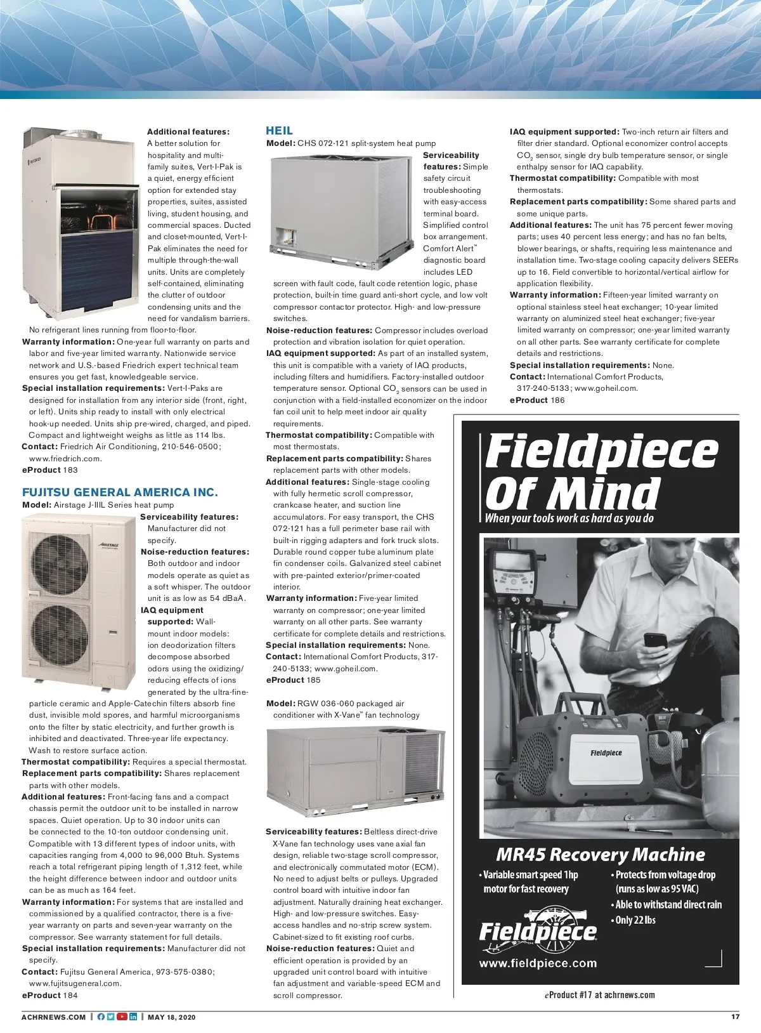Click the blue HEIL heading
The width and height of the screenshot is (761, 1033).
[x=279, y=131]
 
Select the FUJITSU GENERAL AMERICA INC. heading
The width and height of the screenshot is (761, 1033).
[x=120, y=492]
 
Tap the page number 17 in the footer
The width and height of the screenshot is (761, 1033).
[x=735, y=1017]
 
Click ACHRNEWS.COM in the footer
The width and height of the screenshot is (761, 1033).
[x=53, y=1017]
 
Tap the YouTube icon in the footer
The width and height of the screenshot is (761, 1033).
[x=122, y=1017]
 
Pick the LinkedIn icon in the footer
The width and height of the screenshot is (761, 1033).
[x=133, y=1017]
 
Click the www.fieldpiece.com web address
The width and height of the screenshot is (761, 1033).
[x=538, y=963]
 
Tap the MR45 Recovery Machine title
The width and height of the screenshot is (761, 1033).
[x=600, y=855]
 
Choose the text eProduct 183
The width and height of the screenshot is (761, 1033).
[x=50, y=470]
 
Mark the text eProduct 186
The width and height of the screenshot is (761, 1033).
[x=537, y=400]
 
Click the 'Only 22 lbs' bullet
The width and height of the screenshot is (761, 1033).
[x=635, y=920]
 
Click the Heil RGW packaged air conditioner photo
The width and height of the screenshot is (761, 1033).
[x=355, y=773]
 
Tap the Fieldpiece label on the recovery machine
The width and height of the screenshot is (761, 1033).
[x=606, y=753]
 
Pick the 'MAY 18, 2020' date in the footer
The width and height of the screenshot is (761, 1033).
[x=171, y=1017]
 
